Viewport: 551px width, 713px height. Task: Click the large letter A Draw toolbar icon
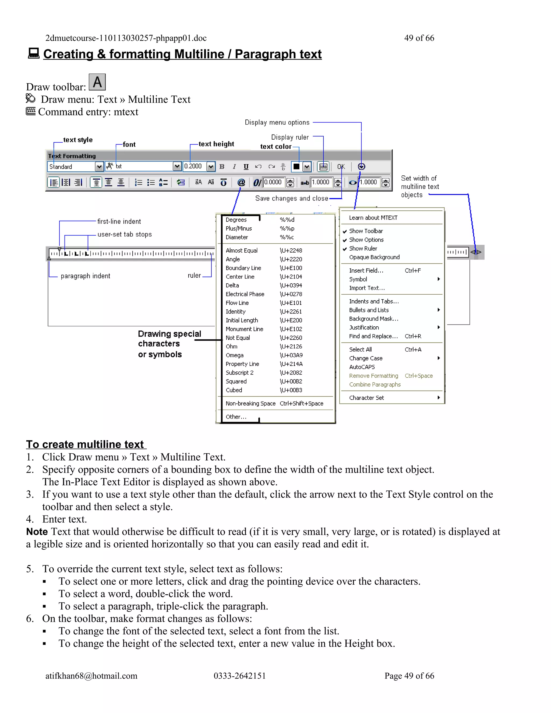click(x=97, y=82)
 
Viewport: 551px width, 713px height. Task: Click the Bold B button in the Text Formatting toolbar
click(x=222, y=167)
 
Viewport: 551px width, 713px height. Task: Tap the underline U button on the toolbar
click(x=246, y=167)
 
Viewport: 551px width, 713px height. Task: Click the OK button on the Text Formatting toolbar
click(x=341, y=167)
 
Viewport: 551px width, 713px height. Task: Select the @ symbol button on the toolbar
click(x=241, y=182)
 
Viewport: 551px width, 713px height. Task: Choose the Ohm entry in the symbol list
click(x=231, y=346)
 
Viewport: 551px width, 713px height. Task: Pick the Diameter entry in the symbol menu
click(x=237, y=237)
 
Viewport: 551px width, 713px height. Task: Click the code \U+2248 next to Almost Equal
click(x=291, y=250)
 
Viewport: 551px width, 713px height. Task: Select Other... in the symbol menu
click(x=236, y=417)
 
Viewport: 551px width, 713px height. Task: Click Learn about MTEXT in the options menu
click(x=373, y=218)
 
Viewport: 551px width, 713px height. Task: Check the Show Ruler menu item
click(x=363, y=248)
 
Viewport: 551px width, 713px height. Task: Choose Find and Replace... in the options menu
click(x=373, y=336)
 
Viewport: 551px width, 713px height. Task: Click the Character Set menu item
click(x=366, y=398)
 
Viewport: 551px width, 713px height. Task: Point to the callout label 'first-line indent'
click(x=119, y=221)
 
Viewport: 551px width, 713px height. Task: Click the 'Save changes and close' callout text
click(x=291, y=199)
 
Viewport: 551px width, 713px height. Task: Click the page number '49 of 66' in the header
click(x=419, y=38)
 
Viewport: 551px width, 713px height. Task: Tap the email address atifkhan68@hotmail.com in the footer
click(x=91, y=676)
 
